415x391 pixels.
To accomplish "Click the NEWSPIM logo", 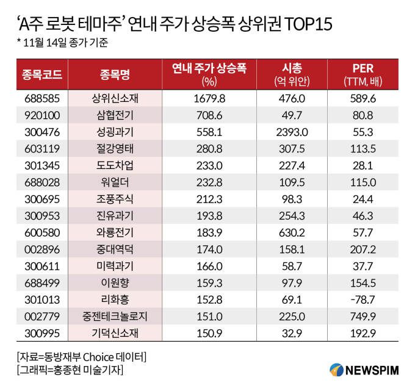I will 363,370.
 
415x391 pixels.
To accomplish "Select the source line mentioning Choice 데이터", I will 82,356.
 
